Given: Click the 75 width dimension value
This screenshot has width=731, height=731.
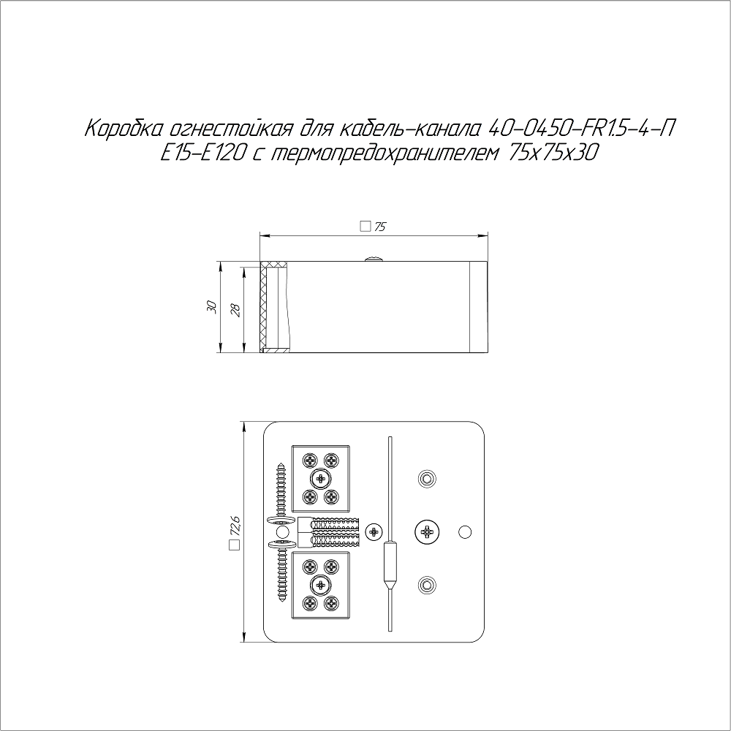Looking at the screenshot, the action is coord(380,227).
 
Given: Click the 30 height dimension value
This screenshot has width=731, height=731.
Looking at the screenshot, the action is coord(212,307).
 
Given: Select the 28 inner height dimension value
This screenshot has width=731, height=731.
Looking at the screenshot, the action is coord(236,311).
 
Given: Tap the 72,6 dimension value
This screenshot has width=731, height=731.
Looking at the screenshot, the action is coord(234,525).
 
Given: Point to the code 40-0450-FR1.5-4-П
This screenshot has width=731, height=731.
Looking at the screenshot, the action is coord(580,129).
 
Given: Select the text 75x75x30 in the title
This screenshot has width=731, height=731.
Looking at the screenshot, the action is coord(553,153).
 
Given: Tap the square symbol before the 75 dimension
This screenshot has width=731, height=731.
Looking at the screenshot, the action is coord(365,227).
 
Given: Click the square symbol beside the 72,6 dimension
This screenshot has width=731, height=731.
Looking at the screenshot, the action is coord(234,545).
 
